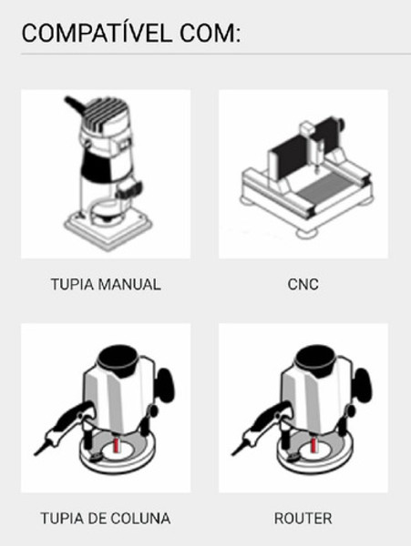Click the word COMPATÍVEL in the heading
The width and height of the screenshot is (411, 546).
point(97,33)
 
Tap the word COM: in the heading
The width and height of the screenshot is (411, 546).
point(211,34)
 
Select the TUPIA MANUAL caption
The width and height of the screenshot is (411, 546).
point(106,285)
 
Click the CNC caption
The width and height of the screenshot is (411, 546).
point(303,285)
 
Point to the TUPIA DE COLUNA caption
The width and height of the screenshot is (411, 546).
point(106,519)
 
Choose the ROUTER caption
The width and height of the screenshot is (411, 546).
point(303,519)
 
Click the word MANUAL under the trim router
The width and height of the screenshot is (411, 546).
point(129,285)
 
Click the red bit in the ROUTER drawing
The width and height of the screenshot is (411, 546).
point(313,445)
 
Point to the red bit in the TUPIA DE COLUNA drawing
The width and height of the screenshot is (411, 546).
point(116,445)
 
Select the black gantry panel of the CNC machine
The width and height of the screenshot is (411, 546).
point(289,156)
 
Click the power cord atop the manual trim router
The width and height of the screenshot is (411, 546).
point(75,106)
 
